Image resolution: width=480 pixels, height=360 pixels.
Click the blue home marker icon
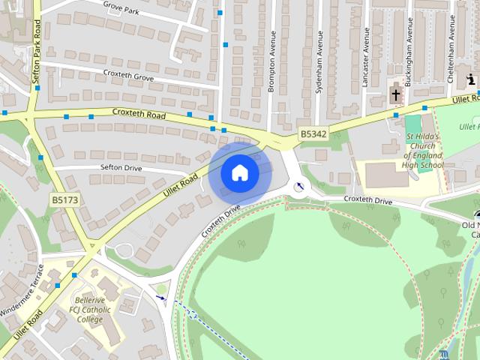(239, 173)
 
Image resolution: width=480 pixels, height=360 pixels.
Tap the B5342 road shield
(313, 133)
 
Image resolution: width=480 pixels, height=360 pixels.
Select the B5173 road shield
(64, 201)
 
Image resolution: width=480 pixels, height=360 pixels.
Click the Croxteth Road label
(139, 115)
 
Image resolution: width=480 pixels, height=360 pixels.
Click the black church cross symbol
(396, 95)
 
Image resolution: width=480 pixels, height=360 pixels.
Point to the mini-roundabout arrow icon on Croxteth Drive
(301, 186)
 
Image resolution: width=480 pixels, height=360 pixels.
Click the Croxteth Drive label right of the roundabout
(367, 200)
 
